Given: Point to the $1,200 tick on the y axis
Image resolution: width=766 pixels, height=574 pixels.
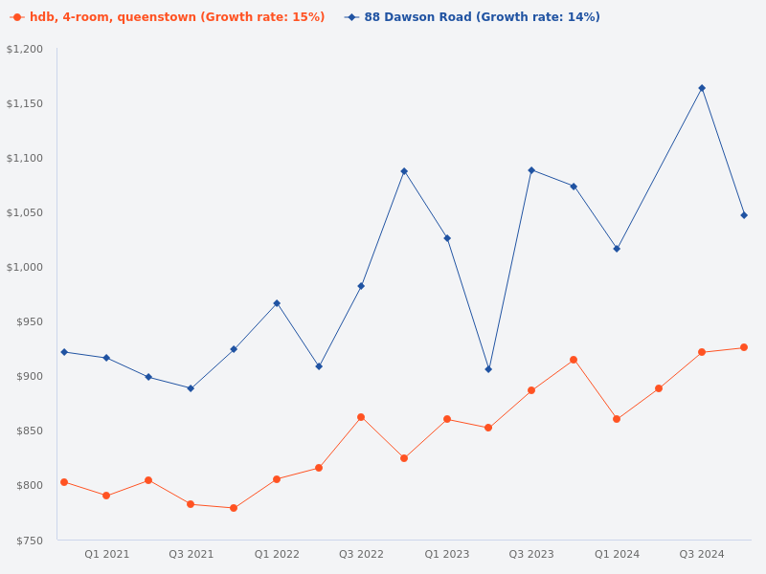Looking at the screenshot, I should [25, 49].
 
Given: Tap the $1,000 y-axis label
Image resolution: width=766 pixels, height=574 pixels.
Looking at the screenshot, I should [25, 267].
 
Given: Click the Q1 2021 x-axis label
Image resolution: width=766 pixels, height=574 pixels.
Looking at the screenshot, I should [106, 554].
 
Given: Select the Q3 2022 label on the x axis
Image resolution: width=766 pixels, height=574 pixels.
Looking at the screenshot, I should [361, 554].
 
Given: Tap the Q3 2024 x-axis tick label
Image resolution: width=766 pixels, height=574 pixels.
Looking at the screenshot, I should [702, 554].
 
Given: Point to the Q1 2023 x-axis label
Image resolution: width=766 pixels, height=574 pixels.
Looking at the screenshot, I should [447, 554].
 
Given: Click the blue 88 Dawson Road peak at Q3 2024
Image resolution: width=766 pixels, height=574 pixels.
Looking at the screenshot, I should [702, 88].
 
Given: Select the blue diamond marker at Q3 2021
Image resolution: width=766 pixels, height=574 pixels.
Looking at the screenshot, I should [191, 388].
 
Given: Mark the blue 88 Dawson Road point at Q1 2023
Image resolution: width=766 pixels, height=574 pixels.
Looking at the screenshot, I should [447, 238].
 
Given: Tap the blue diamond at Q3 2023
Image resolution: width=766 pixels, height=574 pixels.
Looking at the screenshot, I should [531, 170].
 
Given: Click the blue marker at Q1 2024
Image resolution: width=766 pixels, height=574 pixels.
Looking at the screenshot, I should [617, 249].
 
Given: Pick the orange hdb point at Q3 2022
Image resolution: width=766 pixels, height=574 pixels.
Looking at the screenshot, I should [361, 417].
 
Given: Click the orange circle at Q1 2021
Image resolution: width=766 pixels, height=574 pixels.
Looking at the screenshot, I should [106, 496].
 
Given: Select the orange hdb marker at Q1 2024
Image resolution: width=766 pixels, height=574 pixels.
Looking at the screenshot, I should [617, 419].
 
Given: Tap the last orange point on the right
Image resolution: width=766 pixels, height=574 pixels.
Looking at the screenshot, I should [744, 347].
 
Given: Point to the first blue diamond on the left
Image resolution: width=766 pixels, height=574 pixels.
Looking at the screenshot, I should [64, 352].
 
